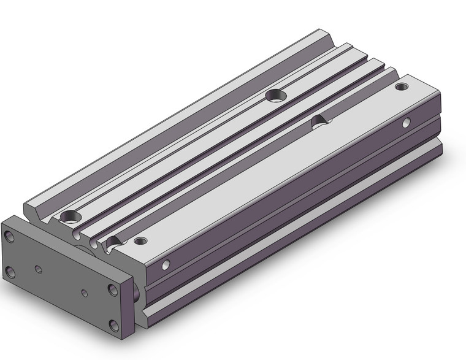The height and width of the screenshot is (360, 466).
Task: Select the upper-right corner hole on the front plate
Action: click(113, 289)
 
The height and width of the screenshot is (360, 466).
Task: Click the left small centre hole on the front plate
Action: click(39, 269)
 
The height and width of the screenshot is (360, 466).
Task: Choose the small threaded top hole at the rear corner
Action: click(401, 86)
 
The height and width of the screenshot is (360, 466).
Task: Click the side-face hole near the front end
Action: click(166, 266)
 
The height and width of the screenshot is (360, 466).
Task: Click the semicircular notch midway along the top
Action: click(319, 122)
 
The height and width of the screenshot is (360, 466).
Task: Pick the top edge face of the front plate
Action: click(67, 245)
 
